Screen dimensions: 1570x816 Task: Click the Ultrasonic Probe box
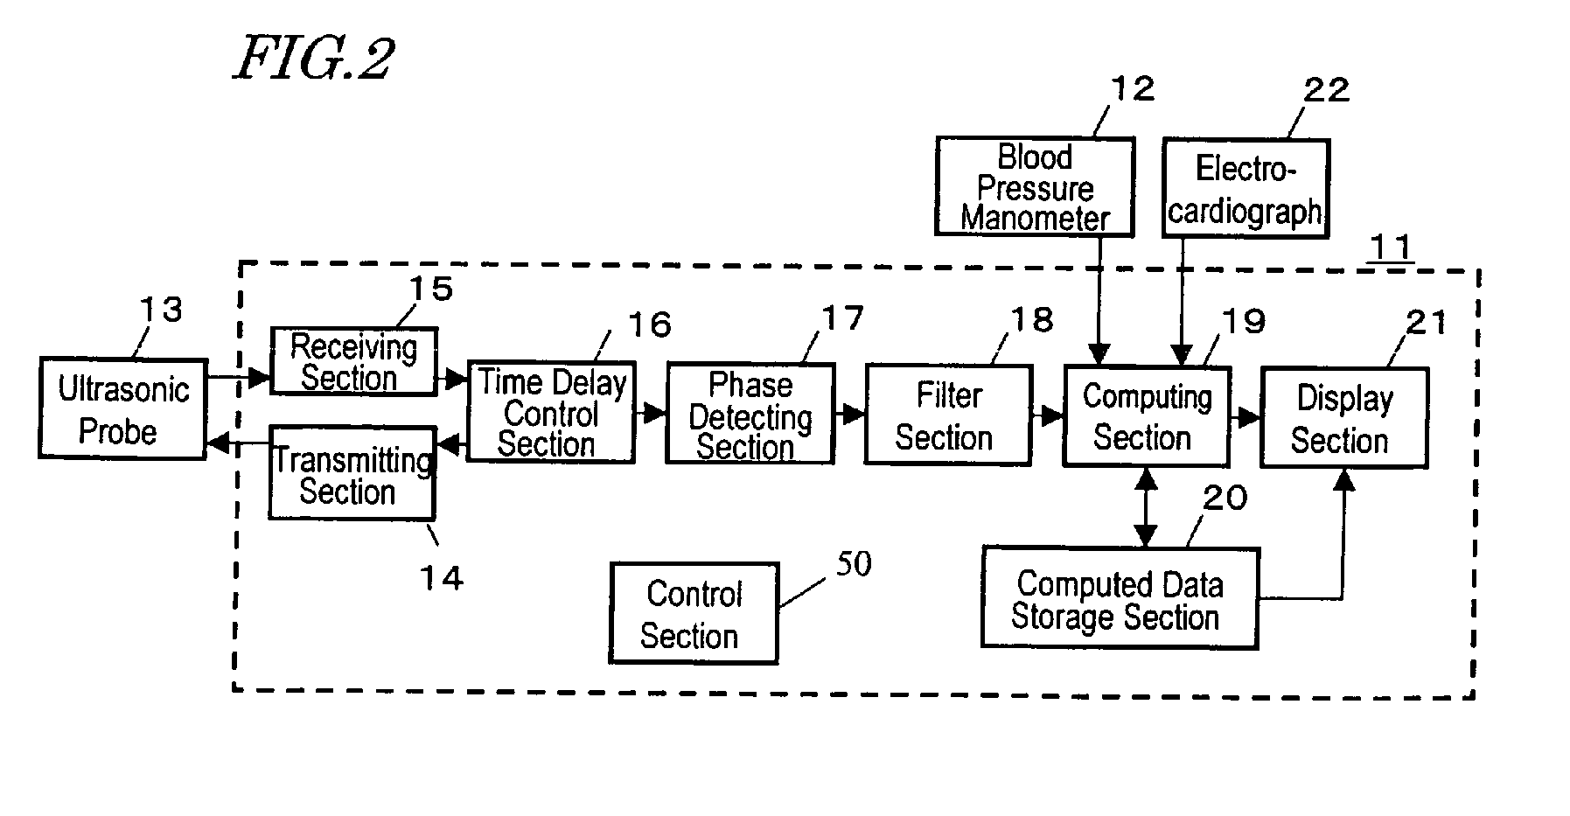tap(122, 408)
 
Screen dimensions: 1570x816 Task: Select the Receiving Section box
tap(353, 361)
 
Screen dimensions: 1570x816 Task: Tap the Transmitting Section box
tap(352, 473)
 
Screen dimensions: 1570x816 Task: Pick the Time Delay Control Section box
tap(551, 412)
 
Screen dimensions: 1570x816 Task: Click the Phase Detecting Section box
tap(750, 414)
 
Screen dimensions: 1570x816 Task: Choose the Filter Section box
tap(949, 415)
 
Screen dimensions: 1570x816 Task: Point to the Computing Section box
tap(1147, 416)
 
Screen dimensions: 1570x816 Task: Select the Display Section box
tap(1344, 418)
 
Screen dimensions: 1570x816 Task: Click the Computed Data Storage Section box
tap(1120, 598)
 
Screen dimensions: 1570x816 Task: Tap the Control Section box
tap(694, 613)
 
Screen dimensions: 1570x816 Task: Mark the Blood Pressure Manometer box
tap(1035, 186)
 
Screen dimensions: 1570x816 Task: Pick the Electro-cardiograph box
tap(1246, 188)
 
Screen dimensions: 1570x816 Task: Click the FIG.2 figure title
tap(314, 59)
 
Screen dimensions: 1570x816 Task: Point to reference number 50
tap(854, 564)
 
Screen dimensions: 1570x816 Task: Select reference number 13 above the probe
tap(161, 309)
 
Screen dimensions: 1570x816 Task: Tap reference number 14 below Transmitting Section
tap(441, 578)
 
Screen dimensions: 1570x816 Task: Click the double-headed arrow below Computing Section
tap(1145, 507)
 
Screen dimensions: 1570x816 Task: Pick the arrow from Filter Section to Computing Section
tap(1048, 416)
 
